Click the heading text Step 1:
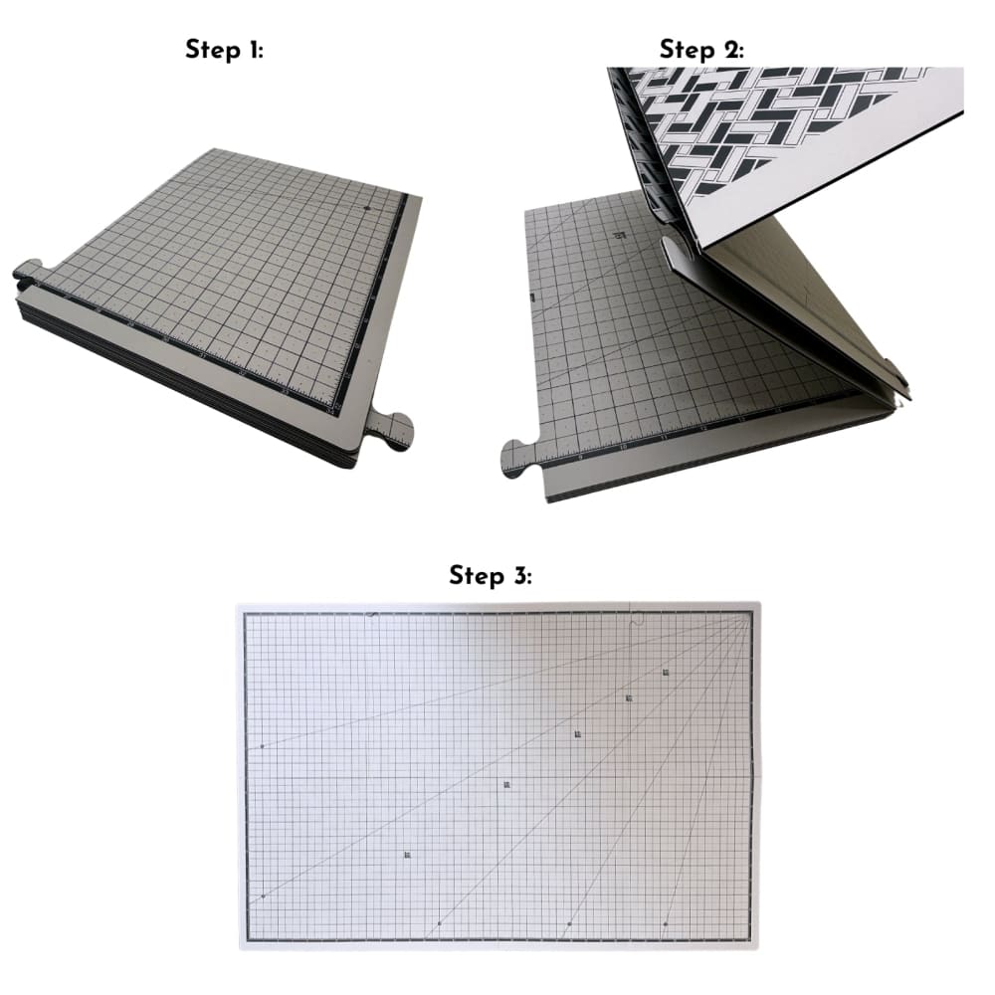224,51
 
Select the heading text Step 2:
701,51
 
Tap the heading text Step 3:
491,575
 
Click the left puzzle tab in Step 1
30,271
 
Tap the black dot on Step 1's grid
367,208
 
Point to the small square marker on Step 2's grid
621,235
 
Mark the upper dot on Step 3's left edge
262,745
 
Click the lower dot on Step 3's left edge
263,896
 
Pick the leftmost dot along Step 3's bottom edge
439,924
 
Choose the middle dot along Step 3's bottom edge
569,924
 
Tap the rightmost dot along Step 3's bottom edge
666,924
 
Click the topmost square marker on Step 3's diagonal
666,674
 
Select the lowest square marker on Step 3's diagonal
407,855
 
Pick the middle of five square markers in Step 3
578,734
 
